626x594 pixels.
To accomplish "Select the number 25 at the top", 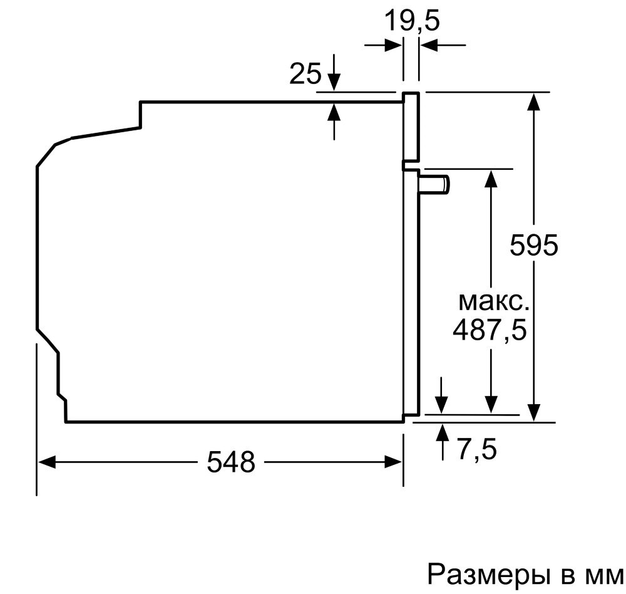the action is click(305, 73).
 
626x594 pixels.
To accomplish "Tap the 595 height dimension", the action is click(534, 245).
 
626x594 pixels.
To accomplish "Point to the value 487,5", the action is click(490, 330).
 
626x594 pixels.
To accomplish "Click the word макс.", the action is click(494, 302).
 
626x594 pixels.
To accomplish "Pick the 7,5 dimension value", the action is click(477, 449).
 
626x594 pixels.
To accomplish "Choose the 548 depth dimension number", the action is click(231, 462).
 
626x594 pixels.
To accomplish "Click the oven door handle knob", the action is click(434, 185).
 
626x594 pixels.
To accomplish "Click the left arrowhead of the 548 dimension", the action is click(46, 462).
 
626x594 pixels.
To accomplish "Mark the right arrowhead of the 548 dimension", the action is click(393, 462).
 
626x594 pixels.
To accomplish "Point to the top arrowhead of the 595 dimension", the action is click(534, 102).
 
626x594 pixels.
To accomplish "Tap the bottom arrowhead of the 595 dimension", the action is click(534, 412).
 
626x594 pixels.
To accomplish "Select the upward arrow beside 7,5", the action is click(442, 442).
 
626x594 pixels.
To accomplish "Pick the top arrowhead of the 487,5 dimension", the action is click(491, 179).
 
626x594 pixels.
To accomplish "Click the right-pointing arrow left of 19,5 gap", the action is click(383, 45).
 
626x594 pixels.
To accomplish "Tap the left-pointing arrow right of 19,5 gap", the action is click(443, 45).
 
